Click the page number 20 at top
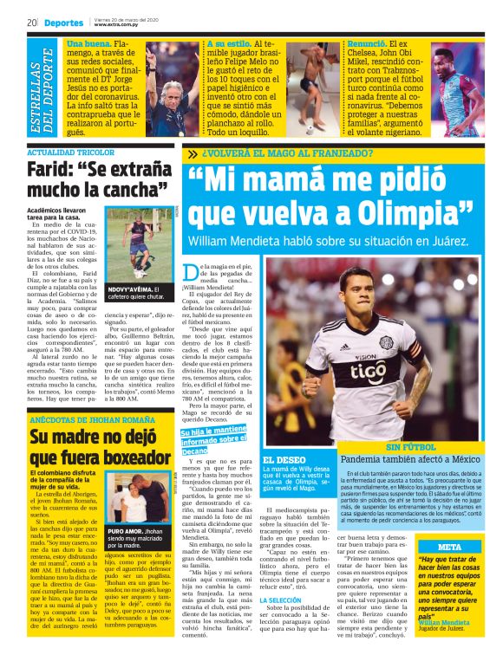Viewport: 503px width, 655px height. click(31, 22)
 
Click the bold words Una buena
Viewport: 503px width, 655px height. click(88, 42)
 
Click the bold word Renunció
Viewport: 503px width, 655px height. click(363, 42)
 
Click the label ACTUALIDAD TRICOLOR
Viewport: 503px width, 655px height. click(61, 153)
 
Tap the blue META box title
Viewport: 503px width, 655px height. click(449, 547)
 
